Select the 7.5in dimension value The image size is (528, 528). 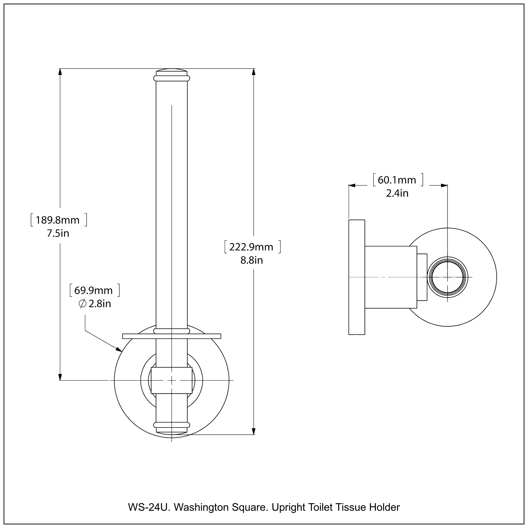pos(58,233)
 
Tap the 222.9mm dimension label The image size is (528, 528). pos(251,247)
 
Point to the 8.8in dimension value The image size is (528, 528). pos(252,260)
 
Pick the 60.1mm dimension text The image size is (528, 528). pos(397,180)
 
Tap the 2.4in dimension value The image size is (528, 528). pos(397,193)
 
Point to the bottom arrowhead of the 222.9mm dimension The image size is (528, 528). pos(254,431)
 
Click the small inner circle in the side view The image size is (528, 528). pos(447,277)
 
